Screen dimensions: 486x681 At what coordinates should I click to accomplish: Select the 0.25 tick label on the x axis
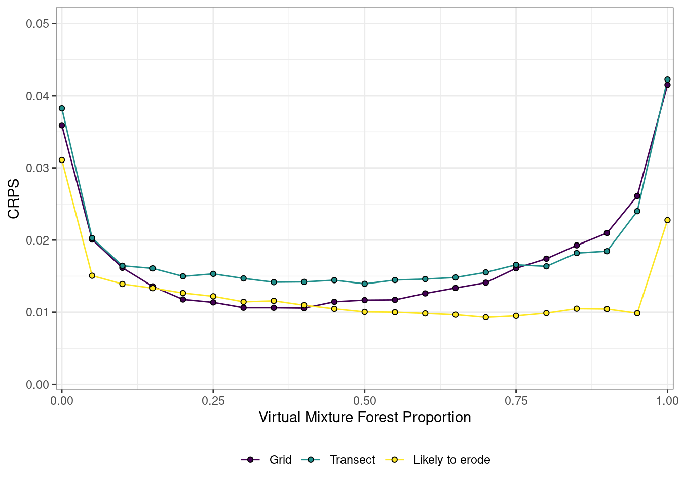pos(213,401)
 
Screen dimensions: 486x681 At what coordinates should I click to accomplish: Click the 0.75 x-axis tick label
pos(516,401)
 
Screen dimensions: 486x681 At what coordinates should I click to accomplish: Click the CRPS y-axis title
pos(14,198)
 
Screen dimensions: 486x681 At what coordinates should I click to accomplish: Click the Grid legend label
pos(281,460)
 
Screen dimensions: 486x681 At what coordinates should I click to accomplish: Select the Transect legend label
pos(352,460)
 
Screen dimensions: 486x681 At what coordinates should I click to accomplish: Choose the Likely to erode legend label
pos(451,460)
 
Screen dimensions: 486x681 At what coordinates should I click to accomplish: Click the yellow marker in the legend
pos(394,460)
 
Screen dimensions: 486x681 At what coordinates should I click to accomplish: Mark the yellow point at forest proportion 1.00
pos(667,220)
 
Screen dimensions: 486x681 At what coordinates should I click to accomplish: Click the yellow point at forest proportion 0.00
pos(62,160)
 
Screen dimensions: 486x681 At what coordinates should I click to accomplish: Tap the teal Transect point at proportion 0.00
pos(62,108)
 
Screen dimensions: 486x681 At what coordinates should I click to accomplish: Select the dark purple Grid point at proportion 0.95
pos(637,196)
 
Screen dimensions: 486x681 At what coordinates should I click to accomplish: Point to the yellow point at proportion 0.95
pos(637,313)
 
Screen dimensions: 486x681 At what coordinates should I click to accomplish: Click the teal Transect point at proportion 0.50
pos(364,284)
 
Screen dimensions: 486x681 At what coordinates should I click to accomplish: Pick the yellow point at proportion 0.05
pos(92,276)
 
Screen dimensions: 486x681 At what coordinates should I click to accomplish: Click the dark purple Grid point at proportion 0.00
pos(62,125)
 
